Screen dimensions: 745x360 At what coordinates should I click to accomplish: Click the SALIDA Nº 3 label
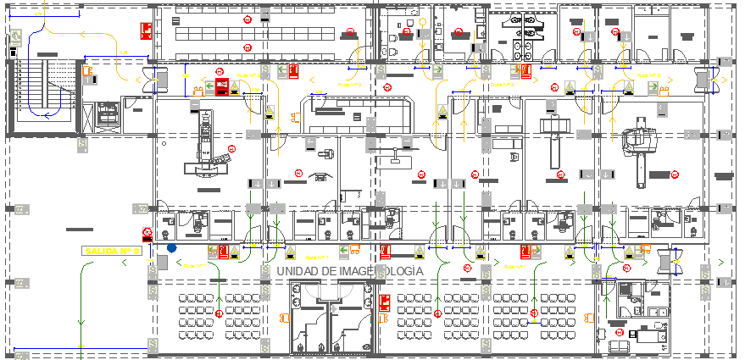[111, 251]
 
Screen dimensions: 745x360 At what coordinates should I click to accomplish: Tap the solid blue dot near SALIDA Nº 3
[172, 249]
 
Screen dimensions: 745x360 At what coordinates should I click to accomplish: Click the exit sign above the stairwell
[15, 36]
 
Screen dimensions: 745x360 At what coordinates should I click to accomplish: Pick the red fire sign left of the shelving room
[146, 32]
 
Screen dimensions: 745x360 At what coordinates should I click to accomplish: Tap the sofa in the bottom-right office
[617, 345]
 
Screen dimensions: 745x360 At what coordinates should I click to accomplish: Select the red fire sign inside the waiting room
[384, 302]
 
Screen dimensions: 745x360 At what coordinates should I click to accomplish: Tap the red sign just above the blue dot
[147, 233]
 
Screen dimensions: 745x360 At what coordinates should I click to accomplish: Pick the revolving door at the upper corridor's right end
[701, 79]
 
